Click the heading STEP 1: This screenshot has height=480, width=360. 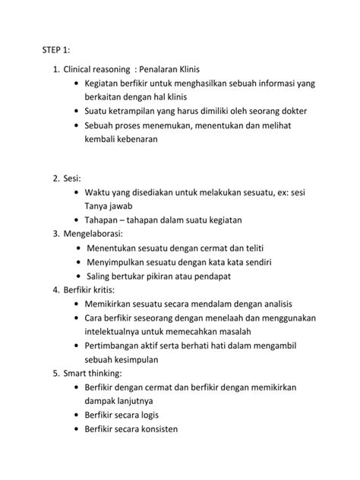pos(55,49)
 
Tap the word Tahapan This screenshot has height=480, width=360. pos(107,220)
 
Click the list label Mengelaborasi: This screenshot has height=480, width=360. pos(98,234)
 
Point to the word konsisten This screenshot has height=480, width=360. pos(175,429)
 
